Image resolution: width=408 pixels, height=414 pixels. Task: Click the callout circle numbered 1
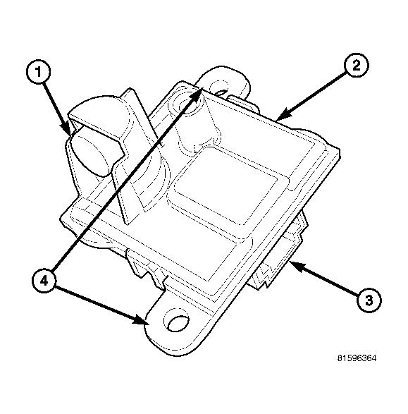(x=39, y=72)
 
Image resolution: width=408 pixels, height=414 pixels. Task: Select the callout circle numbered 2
(x=357, y=65)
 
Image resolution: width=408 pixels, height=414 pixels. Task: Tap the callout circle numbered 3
(x=369, y=300)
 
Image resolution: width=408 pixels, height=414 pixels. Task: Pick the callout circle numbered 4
(x=44, y=281)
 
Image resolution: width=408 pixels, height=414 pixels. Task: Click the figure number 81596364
(x=357, y=358)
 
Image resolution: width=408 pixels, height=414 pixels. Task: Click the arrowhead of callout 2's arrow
(x=283, y=116)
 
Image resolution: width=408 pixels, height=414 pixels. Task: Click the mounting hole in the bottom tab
(x=178, y=324)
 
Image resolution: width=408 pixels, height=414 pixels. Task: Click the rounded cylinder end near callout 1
(x=88, y=153)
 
